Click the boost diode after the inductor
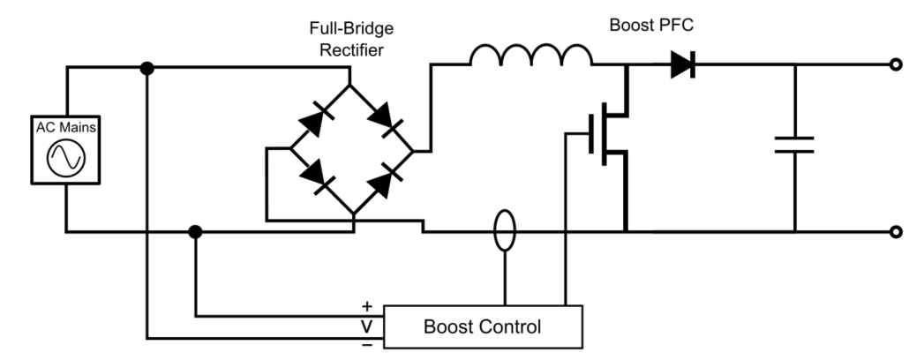click(x=682, y=64)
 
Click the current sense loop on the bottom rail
click(x=504, y=231)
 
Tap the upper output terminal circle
click(x=897, y=64)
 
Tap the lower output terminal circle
click(x=897, y=232)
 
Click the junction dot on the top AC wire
click(x=147, y=68)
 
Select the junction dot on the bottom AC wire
click(x=196, y=232)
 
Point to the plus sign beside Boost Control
click(x=367, y=306)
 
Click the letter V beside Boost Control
click(x=367, y=326)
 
